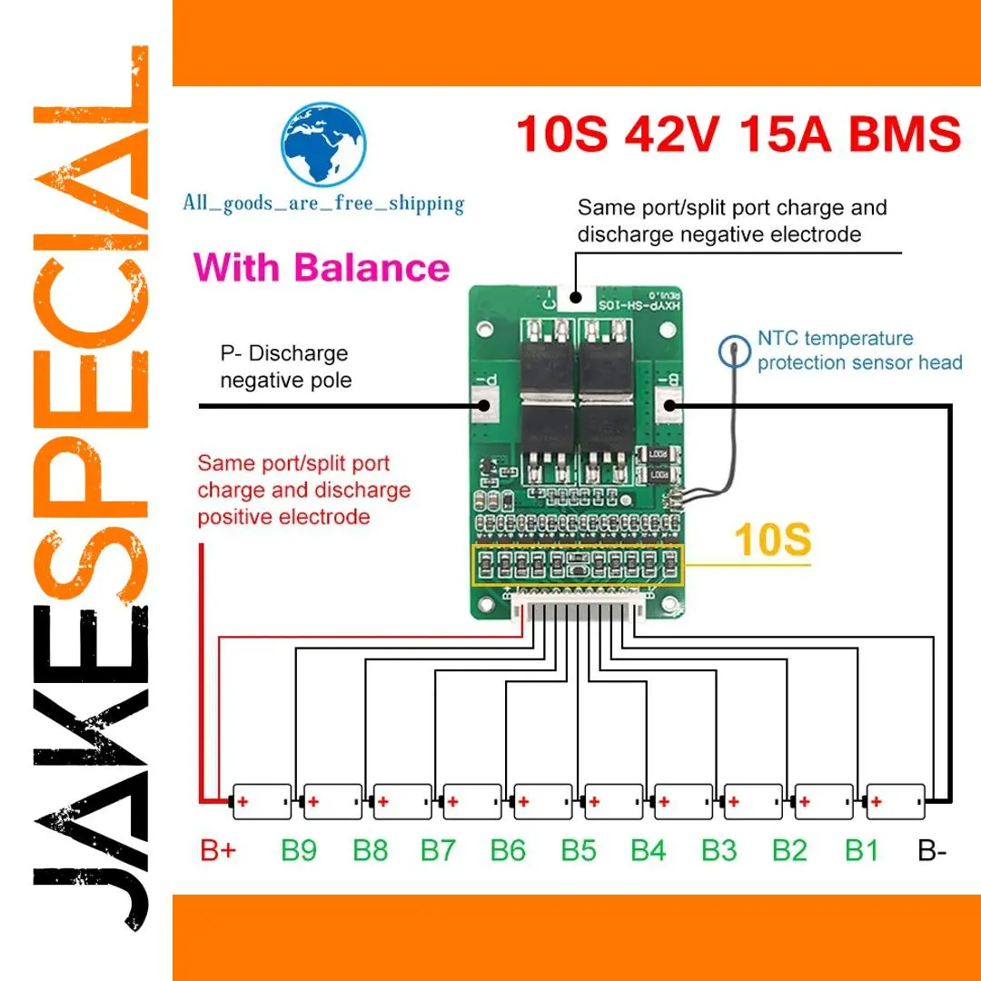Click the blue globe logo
pyautogui.click(x=323, y=144)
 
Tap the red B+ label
pyautogui.click(x=219, y=851)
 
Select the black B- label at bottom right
pyautogui.click(x=933, y=851)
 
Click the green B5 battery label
pyautogui.click(x=579, y=851)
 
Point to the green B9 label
pyautogui.click(x=299, y=851)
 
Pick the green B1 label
pyautogui.click(x=861, y=851)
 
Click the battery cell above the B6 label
pyautogui.click(x=543, y=802)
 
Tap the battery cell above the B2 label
pyautogui.click(x=824, y=802)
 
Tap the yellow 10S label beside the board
pyautogui.click(x=772, y=540)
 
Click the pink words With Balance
pyautogui.click(x=322, y=268)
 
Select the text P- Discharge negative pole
pyautogui.click(x=285, y=366)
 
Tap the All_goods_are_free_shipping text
pyautogui.click(x=323, y=203)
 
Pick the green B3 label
pyautogui.click(x=719, y=851)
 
